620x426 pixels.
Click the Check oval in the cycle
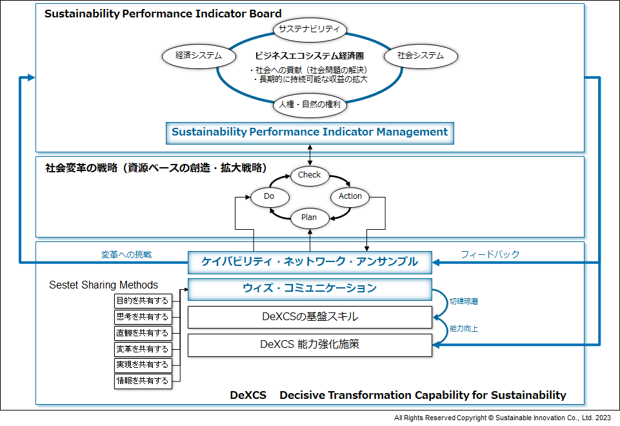coord(310,175)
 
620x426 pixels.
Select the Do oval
coord(269,196)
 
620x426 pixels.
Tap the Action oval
coord(350,196)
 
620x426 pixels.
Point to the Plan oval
coord(309,218)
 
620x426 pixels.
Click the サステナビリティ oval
coord(310,30)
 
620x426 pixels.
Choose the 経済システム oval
coord(198,56)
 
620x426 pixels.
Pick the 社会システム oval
coord(421,56)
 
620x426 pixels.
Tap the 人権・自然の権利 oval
coord(310,104)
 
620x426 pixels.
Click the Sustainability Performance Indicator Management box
coord(310,132)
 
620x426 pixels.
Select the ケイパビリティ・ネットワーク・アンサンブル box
coord(310,261)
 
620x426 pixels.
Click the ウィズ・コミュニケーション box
coord(310,289)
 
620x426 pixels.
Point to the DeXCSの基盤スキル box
coord(310,317)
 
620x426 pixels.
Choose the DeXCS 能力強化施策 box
coord(310,345)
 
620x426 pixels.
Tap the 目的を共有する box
coord(143,301)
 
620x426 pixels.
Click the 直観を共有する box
coord(143,333)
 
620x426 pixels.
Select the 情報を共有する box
coord(143,381)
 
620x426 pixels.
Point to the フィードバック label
coord(490,254)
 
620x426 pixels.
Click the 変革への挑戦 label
coord(126,254)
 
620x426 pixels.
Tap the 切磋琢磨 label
coord(464,301)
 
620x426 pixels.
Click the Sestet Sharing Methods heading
coord(104,285)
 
